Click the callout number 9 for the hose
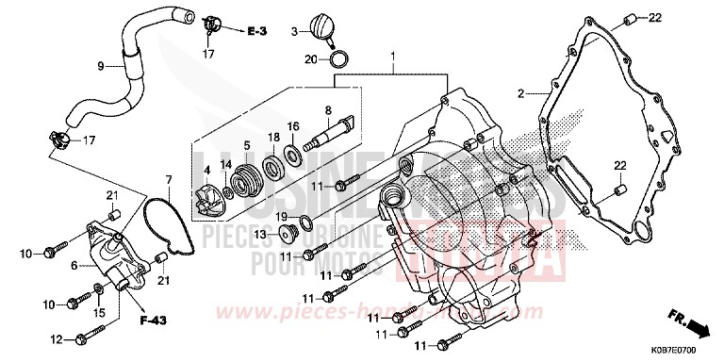tap(99, 66)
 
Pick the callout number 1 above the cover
tap(393, 58)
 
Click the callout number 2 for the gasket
tap(519, 93)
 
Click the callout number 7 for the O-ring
tap(169, 179)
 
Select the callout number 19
tap(282, 217)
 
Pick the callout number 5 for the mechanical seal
tap(246, 145)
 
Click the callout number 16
tap(294, 126)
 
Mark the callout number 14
tap(226, 164)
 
